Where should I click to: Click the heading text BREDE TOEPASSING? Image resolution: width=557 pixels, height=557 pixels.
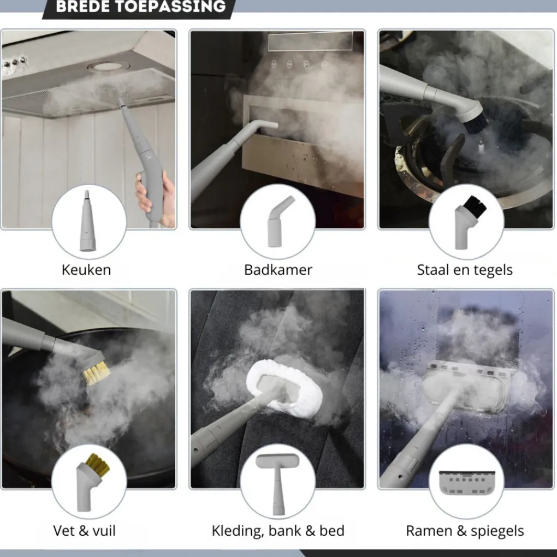pos(141,6)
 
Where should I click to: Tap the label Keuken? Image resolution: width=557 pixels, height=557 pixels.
pos(86,270)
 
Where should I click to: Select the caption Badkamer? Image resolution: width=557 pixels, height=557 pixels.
pos(278,270)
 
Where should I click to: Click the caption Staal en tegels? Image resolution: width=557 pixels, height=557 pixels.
pos(465,270)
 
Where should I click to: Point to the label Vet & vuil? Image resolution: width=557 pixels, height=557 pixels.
pos(85,531)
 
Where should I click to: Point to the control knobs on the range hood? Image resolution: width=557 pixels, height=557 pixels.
pos(14,63)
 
